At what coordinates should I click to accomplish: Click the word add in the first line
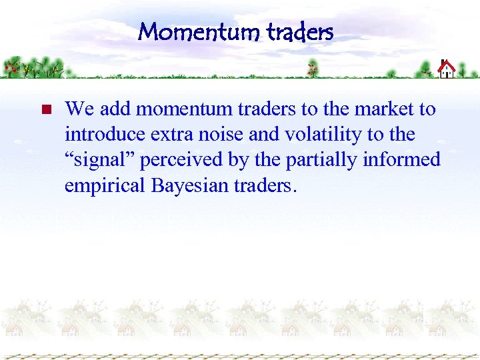[114, 109]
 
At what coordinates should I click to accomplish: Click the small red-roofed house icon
[446, 69]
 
